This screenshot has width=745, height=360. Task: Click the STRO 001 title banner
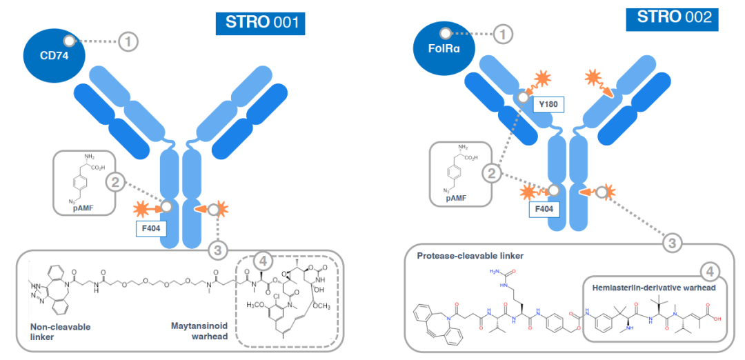(260, 22)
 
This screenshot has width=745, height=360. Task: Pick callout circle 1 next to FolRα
(506, 33)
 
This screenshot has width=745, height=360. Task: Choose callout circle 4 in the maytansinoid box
(262, 261)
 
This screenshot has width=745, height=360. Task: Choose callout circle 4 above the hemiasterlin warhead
(708, 270)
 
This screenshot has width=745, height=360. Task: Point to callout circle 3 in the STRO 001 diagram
(218, 249)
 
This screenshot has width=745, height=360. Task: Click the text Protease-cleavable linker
(470, 257)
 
